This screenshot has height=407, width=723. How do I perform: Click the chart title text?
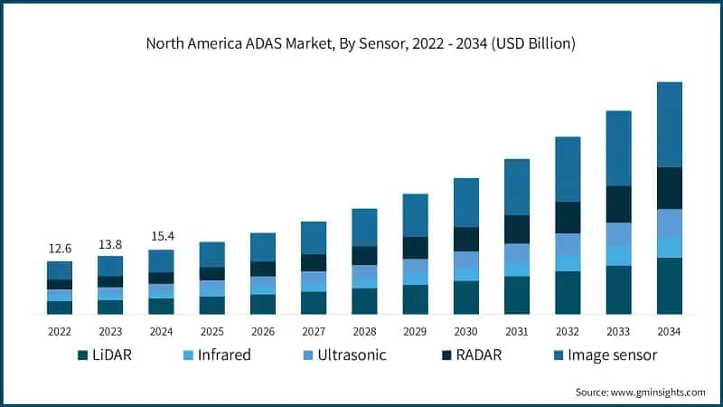point(361,43)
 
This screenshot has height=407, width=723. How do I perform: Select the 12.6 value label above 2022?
point(60,249)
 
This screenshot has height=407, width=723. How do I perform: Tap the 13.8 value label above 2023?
point(110,244)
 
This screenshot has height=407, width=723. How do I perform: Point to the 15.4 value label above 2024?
point(161,237)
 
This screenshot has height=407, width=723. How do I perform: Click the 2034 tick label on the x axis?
point(669,331)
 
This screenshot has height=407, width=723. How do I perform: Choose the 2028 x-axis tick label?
point(364,331)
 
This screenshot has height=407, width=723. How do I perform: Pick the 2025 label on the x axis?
point(211,331)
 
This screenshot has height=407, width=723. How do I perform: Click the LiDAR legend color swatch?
point(83,355)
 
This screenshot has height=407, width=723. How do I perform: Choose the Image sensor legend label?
point(612,355)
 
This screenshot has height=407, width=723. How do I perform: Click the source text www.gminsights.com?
point(641,392)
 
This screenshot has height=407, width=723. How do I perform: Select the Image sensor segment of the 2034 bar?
point(669,125)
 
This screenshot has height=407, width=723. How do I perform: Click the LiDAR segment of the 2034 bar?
point(669,286)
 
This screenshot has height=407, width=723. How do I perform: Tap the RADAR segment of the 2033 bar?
point(618,204)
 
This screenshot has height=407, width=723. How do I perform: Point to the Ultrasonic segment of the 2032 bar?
point(568,243)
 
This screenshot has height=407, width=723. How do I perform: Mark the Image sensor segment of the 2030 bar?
point(466,203)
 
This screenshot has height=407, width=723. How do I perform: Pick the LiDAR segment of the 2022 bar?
point(60,308)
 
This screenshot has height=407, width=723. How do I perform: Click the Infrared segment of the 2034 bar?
point(669,247)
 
